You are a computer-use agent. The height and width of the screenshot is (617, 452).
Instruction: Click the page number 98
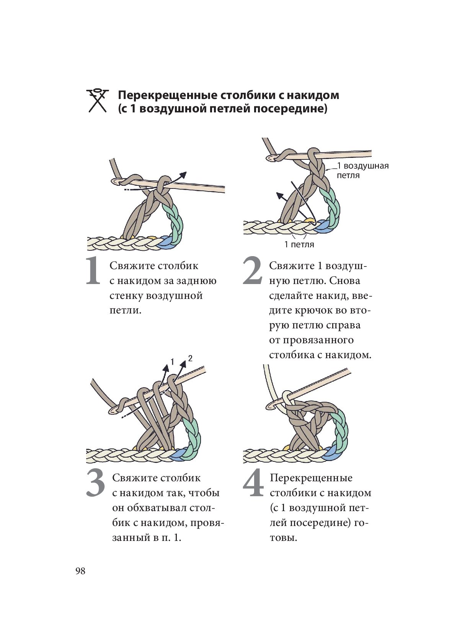(80, 571)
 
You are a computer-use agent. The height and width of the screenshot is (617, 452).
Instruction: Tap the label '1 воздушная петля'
(362, 170)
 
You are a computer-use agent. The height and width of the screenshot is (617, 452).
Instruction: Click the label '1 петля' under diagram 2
(299, 244)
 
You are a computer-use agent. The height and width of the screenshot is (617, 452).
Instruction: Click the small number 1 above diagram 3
(172, 361)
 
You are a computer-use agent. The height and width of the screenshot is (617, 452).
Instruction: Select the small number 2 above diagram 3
(190, 358)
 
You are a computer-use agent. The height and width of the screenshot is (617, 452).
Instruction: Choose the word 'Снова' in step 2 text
(344, 281)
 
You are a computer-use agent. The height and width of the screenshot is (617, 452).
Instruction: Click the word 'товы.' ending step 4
(283, 537)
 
